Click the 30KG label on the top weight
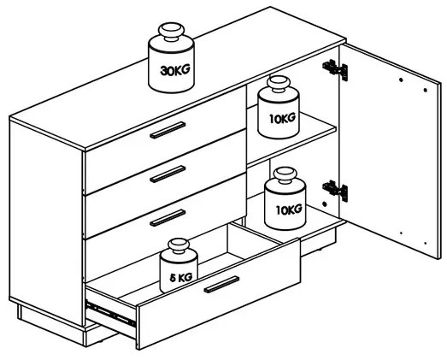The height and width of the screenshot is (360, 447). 174,70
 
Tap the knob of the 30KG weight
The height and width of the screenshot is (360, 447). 171,31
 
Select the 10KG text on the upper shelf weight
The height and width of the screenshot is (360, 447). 282,118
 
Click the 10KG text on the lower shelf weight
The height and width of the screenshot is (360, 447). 289,210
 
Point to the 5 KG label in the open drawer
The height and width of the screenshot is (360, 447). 180,277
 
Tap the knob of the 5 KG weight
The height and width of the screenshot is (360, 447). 179,245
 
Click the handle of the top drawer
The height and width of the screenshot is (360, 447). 168,130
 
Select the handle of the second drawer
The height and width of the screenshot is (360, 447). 168,174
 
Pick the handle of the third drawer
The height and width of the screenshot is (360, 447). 168,218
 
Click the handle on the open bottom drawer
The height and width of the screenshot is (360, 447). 221,285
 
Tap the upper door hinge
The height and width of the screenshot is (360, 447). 335,70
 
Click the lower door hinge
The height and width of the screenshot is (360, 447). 335,191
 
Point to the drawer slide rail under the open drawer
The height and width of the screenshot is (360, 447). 110,314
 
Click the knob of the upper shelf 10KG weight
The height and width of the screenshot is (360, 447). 279,84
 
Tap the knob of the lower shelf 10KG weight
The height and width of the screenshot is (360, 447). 285,175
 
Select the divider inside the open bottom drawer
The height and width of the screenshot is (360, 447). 257,234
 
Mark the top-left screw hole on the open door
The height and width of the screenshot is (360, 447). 401,80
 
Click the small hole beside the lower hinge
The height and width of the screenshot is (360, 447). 324,204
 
